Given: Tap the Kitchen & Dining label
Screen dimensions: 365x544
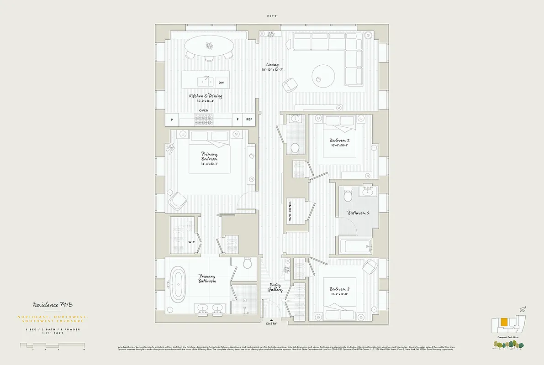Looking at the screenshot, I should [x=206, y=96].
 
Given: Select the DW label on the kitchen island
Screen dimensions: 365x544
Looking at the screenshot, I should [x=221, y=83].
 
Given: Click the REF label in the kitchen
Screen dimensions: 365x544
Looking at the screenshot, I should [x=249, y=120].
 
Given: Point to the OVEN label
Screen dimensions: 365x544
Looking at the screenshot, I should [x=204, y=110].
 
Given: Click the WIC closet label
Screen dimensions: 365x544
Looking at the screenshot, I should [x=191, y=242].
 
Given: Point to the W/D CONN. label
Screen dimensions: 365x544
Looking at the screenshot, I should [x=290, y=212].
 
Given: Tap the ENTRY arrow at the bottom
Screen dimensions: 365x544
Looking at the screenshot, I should [x=271, y=321].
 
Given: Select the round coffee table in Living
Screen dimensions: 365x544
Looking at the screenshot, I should [x=324, y=76].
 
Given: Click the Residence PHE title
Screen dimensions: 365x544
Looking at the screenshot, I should [x=52, y=305].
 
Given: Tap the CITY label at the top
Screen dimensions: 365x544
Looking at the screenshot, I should [x=272, y=16].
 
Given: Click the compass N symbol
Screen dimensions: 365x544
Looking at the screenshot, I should [x=522, y=310].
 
